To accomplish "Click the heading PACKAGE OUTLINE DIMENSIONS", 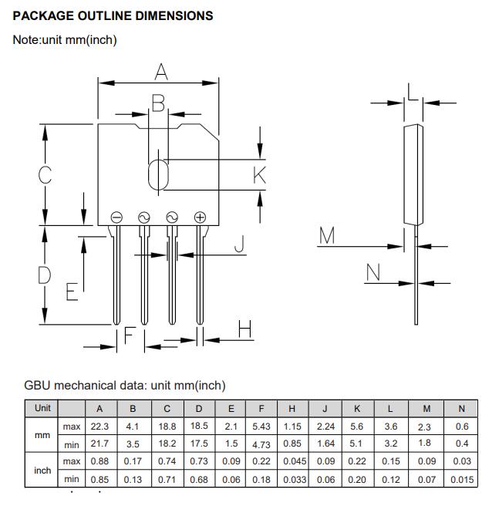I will click(x=113, y=15).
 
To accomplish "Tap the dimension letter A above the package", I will click(x=160, y=73).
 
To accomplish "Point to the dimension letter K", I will click(x=259, y=175).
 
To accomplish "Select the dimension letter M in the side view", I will click(x=328, y=237).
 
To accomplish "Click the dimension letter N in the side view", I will click(x=373, y=272).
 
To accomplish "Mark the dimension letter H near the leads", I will click(x=245, y=329).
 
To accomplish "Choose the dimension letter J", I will click(x=239, y=245).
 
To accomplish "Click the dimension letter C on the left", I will click(x=46, y=174).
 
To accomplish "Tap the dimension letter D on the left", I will click(x=45, y=274).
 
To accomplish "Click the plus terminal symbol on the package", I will click(x=200, y=218).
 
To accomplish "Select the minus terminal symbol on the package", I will click(x=116, y=218).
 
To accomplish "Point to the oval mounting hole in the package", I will click(x=157, y=174).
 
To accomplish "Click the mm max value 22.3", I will click(x=99, y=427).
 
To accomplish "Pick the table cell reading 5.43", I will click(x=262, y=427).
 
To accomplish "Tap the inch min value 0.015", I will click(x=461, y=479).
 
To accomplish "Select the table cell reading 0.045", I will click(x=292, y=461).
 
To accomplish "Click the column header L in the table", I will click(x=391, y=409).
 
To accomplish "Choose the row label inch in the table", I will click(x=42, y=470).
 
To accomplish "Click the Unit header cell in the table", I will click(x=42, y=408).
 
